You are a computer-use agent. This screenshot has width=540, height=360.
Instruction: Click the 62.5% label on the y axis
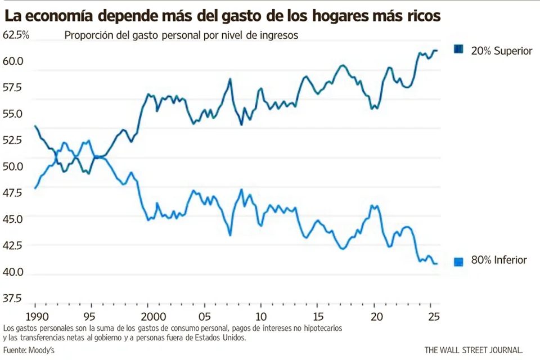click(x=16, y=35)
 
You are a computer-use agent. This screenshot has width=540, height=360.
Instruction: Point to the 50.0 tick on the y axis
click(x=13, y=166)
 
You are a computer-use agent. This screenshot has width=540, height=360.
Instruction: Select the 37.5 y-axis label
click(x=13, y=298)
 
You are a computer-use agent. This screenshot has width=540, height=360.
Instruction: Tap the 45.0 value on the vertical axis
click(x=13, y=219)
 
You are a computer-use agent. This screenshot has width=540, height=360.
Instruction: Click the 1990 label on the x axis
click(x=35, y=316)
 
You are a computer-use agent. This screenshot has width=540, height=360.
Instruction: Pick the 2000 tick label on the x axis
click(x=148, y=316)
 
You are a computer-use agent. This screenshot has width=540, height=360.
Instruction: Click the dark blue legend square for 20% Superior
click(x=458, y=50)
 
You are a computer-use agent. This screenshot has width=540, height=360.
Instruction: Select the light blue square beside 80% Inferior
click(x=458, y=261)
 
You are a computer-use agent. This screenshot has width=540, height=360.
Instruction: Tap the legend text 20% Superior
click(x=501, y=51)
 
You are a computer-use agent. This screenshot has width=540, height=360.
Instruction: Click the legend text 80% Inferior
click(x=499, y=260)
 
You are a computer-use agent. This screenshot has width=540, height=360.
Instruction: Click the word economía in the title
click(x=64, y=16)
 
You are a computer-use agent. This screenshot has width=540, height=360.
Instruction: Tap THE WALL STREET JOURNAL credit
click(x=477, y=350)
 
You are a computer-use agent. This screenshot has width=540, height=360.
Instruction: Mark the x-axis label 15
click(x=318, y=316)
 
